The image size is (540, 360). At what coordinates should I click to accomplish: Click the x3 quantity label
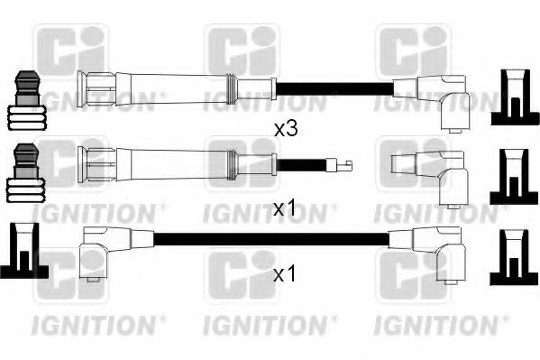(285, 129)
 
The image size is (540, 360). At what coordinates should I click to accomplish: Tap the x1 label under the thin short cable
(284, 209)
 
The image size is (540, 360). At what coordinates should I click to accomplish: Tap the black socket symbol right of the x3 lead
(514, 97)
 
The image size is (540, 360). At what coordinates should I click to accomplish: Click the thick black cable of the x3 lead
(334, 88)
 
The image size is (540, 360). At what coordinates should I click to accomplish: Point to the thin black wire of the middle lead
(302, 164)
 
